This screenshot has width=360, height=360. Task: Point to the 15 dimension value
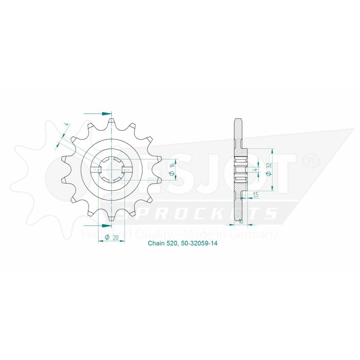point(256,194)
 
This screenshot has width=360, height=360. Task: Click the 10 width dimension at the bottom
point(241,223)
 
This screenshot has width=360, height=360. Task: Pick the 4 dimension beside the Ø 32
point(255,169)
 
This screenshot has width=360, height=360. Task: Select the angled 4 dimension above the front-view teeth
point(65,124)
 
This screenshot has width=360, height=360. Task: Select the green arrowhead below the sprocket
point(106,225)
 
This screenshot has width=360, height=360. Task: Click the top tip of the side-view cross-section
point(238,120)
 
